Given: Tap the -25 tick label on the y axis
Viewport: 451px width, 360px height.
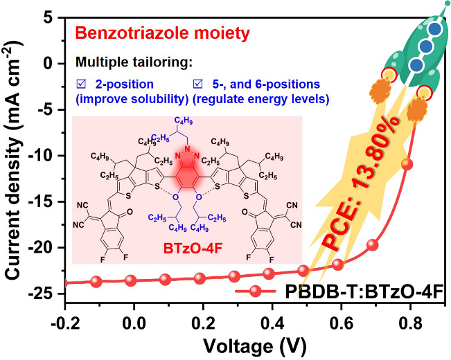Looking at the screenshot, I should pyautogui.click(x=46, y=294).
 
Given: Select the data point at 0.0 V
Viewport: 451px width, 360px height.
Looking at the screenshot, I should pyautogui.click(x=130, y=280).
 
